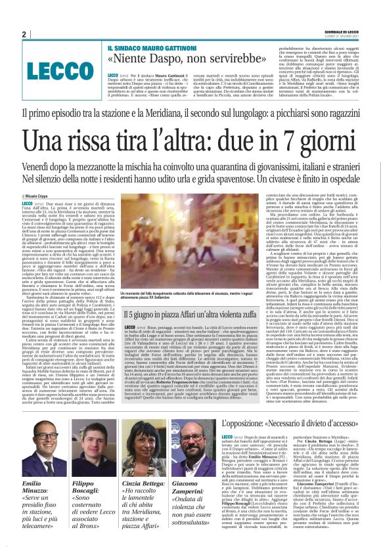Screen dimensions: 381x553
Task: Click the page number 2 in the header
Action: tap(24, 34)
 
